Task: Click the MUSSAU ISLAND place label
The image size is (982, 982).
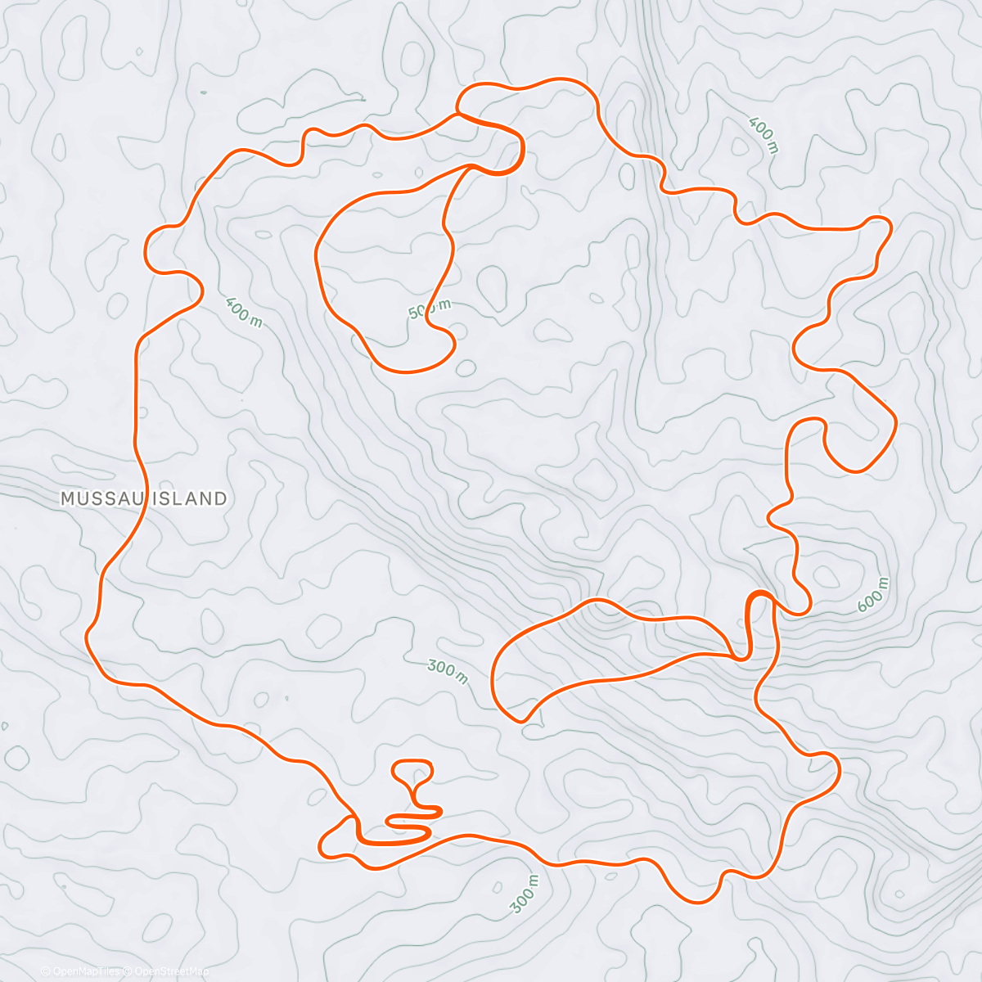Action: (x=144, y=498)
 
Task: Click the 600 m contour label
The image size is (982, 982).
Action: (x=872, y=595)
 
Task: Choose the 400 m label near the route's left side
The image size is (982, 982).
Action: (x=243, y=312)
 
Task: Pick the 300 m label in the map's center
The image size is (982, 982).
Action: (x=448, y=672)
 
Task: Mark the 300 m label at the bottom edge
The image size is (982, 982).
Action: (x=525, y=894)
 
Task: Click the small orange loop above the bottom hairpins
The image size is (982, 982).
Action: (x=412, y=773)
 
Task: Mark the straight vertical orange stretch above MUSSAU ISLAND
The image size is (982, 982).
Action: (x=136, y=385)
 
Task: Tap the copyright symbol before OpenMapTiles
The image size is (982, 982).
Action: (x=47, y=971)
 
